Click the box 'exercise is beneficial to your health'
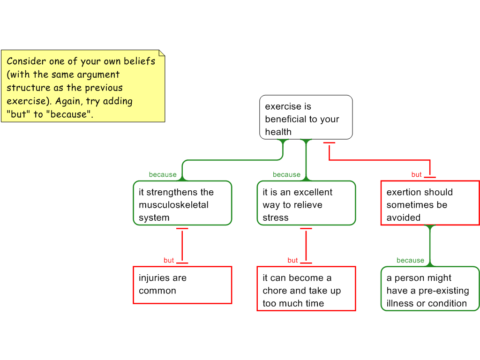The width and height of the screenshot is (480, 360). [x=306, y=117]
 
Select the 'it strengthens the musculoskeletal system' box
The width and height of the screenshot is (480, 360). [x=182, y=203]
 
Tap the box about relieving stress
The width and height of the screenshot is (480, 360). [x=306, y=203]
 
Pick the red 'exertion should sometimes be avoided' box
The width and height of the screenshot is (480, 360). [x=430, y=203]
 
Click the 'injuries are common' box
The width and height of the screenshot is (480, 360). [x=182, y=285]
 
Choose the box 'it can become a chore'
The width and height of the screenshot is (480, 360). [x=306, y=289]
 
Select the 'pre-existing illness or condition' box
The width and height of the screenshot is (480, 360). [x=430, y=289]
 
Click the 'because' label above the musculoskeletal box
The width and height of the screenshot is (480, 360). [x=163, y=174]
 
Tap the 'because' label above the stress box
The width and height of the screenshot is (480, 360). [x=286, y=174]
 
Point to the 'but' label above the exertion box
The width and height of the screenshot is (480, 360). [x=417, y=174]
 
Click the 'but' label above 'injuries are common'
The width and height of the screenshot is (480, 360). [x=169, y=260]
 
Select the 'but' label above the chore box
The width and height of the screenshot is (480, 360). [x=292, y=260]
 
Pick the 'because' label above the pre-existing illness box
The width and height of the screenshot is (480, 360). [x=410, y=260]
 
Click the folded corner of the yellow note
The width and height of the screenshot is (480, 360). [x=162, y=53]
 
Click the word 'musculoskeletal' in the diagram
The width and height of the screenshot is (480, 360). [x=173, y=205]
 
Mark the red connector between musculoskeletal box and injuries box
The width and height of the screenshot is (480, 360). [x=182, y=246]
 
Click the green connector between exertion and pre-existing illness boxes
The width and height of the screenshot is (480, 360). [x=430, y=246]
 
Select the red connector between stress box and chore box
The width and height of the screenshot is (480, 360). [x=306, y=246]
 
